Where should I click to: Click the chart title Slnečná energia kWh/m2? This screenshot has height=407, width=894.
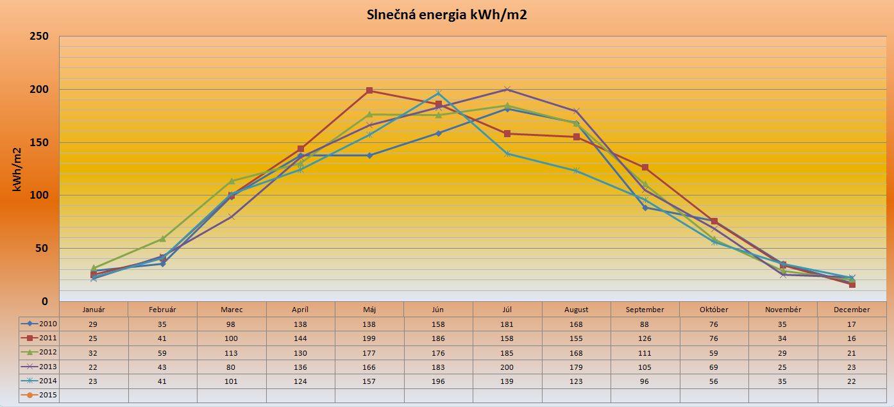click(x=446, y=15)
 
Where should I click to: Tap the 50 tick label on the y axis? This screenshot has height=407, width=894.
click(x=41, y=248)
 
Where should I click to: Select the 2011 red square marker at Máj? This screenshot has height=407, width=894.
click(x=369, y=90)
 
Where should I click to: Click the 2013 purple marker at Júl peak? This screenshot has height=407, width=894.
click(x=507, y=89)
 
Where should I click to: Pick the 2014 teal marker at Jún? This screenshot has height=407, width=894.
click(x=439, y=93)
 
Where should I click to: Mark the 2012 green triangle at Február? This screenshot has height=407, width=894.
click(x=162, y=238)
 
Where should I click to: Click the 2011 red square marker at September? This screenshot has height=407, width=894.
click(x=645, y=167)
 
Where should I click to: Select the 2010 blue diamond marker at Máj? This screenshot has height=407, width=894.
click(x=369, y=155)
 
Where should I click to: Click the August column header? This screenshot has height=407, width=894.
click(x=576, y=310)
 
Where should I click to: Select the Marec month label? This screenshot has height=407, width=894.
click(x=232, y=310)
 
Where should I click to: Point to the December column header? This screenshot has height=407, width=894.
click(x=852, y=310)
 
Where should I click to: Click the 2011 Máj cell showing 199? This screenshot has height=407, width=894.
click(x=369, y=338)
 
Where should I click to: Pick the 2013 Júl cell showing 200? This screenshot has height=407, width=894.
click(x=507, y=367)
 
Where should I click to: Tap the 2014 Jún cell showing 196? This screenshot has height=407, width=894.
click(x=439, y=381)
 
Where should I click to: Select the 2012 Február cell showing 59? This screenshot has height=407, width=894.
click(x=162, y=353)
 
